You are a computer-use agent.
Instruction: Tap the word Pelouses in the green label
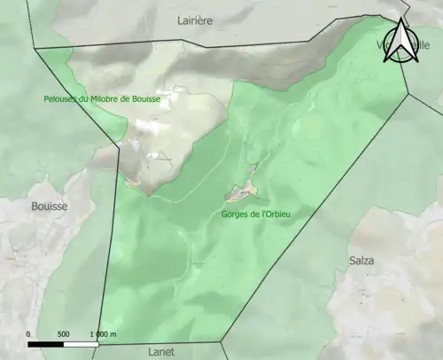pyautogui.click(x=59, y=99)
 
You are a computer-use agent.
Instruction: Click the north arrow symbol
pyautogui.click(x=401, y=42)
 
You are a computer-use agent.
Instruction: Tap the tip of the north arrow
pyautogui.click(x=401, y=20)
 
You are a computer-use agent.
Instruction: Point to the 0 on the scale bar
pyautogui.click(x=28, y=333)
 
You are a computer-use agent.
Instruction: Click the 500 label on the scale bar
pyautogui.click(x=63, y=333)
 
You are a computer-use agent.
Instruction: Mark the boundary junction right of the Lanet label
pyautogui.click(x=221, y=340)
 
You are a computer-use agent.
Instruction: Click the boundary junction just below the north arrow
pyautogui.click(x=407, y=90)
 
